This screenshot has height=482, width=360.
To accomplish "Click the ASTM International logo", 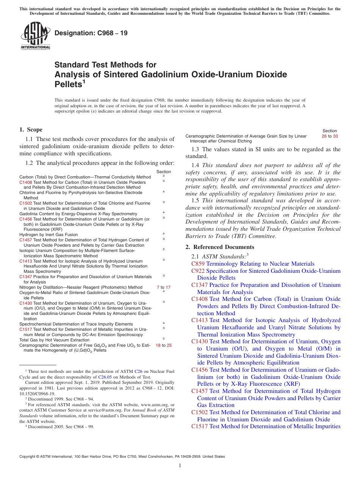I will pos(35,36).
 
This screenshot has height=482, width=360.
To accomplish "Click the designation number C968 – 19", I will pos(91,33).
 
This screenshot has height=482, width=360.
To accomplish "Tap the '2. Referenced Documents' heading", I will pos(220,247).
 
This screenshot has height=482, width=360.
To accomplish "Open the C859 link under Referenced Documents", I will pos(198,264).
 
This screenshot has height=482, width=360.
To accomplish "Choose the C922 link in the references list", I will pos(198,271).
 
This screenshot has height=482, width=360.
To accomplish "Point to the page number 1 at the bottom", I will pos(180,466).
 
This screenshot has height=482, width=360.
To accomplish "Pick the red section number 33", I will pos(335,136).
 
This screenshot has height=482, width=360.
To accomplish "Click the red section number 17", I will pos(168,287).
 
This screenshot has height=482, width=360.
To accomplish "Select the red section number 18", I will pos(158,345).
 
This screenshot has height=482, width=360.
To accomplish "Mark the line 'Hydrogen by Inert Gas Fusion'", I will pos(49,235).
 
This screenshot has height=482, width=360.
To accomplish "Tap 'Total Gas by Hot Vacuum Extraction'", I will pos(55,340).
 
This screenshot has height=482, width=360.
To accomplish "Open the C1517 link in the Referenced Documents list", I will pos(200,426).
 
